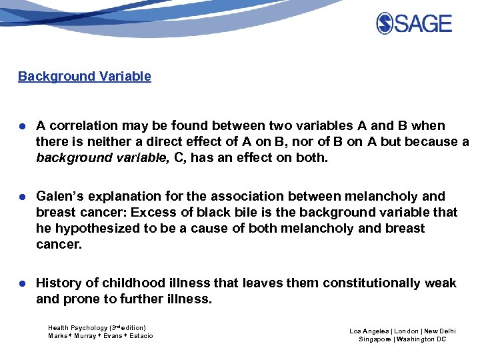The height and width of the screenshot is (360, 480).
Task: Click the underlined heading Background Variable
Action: pos(85,76)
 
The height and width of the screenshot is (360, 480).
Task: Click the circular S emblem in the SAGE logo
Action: pos(385,24)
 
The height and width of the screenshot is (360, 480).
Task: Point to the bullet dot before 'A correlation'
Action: pos(22,126)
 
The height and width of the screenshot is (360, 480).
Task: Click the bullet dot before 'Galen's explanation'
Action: pos(22,197)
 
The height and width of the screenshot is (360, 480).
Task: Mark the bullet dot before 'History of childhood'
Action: pos(22,283)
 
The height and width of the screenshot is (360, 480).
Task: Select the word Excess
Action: pos(154,212)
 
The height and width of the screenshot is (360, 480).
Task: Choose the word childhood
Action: pos(129,283)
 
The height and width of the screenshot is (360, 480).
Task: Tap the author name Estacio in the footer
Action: pos(140,336)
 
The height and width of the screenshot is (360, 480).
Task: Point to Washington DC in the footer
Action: pos(422,339)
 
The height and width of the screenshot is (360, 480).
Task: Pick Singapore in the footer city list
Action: pos(375,339)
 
